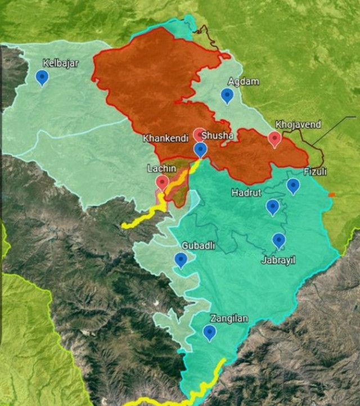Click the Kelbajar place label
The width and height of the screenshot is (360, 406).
[61, 63]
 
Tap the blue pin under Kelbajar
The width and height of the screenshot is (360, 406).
[42, 77]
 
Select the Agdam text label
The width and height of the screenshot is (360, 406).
[244, 82]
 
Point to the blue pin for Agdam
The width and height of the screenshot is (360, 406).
[227, 96]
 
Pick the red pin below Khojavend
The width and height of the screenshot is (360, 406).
[274, 138]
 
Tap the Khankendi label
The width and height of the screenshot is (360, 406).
[165, 138]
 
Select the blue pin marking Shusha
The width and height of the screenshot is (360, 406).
[200, 150]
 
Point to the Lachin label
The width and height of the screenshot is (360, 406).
[161, 168]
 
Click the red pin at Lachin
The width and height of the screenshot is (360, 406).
[162, 183]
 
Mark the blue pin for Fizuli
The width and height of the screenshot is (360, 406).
[293, 186]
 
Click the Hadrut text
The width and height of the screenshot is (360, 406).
[246, 193]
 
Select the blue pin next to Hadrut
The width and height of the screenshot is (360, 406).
[273, 207]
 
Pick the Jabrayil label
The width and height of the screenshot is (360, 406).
[277, 260]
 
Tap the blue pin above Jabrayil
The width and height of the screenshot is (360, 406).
[278, 241]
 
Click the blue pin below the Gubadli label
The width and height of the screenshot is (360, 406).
[181, 260]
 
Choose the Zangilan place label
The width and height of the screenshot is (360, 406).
[229, 318]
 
